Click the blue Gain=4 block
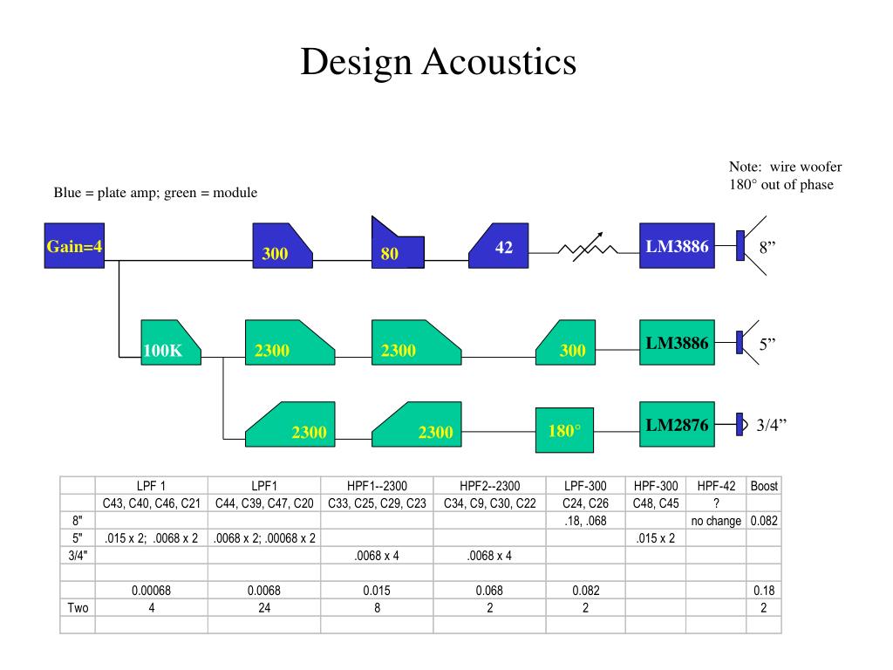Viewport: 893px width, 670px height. [x=74, y=245]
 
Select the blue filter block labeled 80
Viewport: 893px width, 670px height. [x=398, y=245]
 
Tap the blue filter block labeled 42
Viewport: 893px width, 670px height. [x=498, y=245]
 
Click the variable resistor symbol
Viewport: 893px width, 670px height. [x=588, y=248]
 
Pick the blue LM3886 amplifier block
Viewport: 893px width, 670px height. [x=677, y=245]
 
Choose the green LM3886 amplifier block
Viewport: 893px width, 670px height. [x=677, y=342]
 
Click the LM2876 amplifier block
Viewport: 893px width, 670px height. [x=677, y=425]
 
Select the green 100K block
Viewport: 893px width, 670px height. [x=171, y=342]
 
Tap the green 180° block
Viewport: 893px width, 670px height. [x=564, y=430]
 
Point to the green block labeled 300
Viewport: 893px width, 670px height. [x=565, y=342]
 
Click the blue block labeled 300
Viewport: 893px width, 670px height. [x=283, y=245]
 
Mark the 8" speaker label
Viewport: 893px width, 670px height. [x=767, y=247]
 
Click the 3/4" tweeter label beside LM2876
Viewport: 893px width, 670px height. [x=771, y=425]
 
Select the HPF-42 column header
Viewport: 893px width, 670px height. [x=716, y=486]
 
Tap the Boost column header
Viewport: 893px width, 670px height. [x=764, y=486]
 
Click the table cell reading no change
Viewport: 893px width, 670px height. [x=716, y=521]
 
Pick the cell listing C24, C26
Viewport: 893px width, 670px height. [x=585, y=503]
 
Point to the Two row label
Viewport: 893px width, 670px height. [x=78, y=608]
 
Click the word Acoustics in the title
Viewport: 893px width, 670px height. [x=499, y=62]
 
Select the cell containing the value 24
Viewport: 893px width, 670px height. [x=264, y=608]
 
